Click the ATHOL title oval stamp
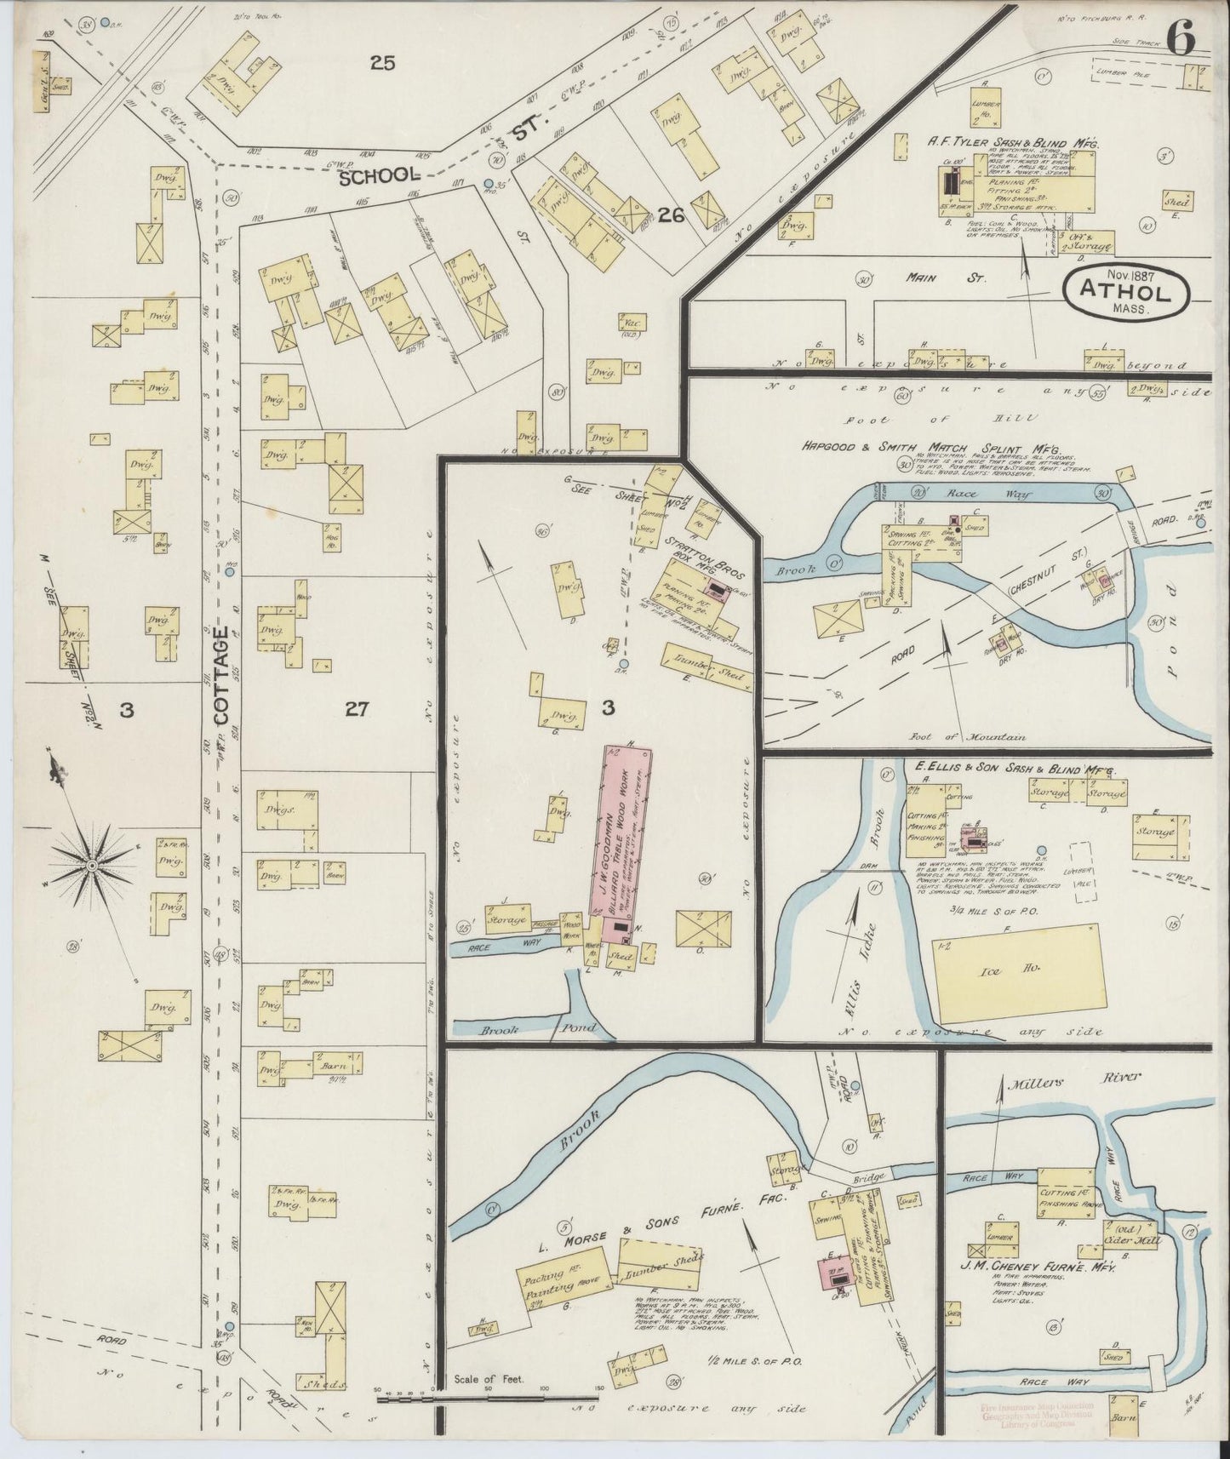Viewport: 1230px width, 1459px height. pyautogui.click(x=1127, y=291)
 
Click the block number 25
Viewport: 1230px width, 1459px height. pyautogui.click(x=383, y=61)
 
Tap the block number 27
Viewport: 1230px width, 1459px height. pyautogui.click(x=356, y=708)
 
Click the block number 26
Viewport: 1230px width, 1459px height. pyautogui.click(x=672, y=216)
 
